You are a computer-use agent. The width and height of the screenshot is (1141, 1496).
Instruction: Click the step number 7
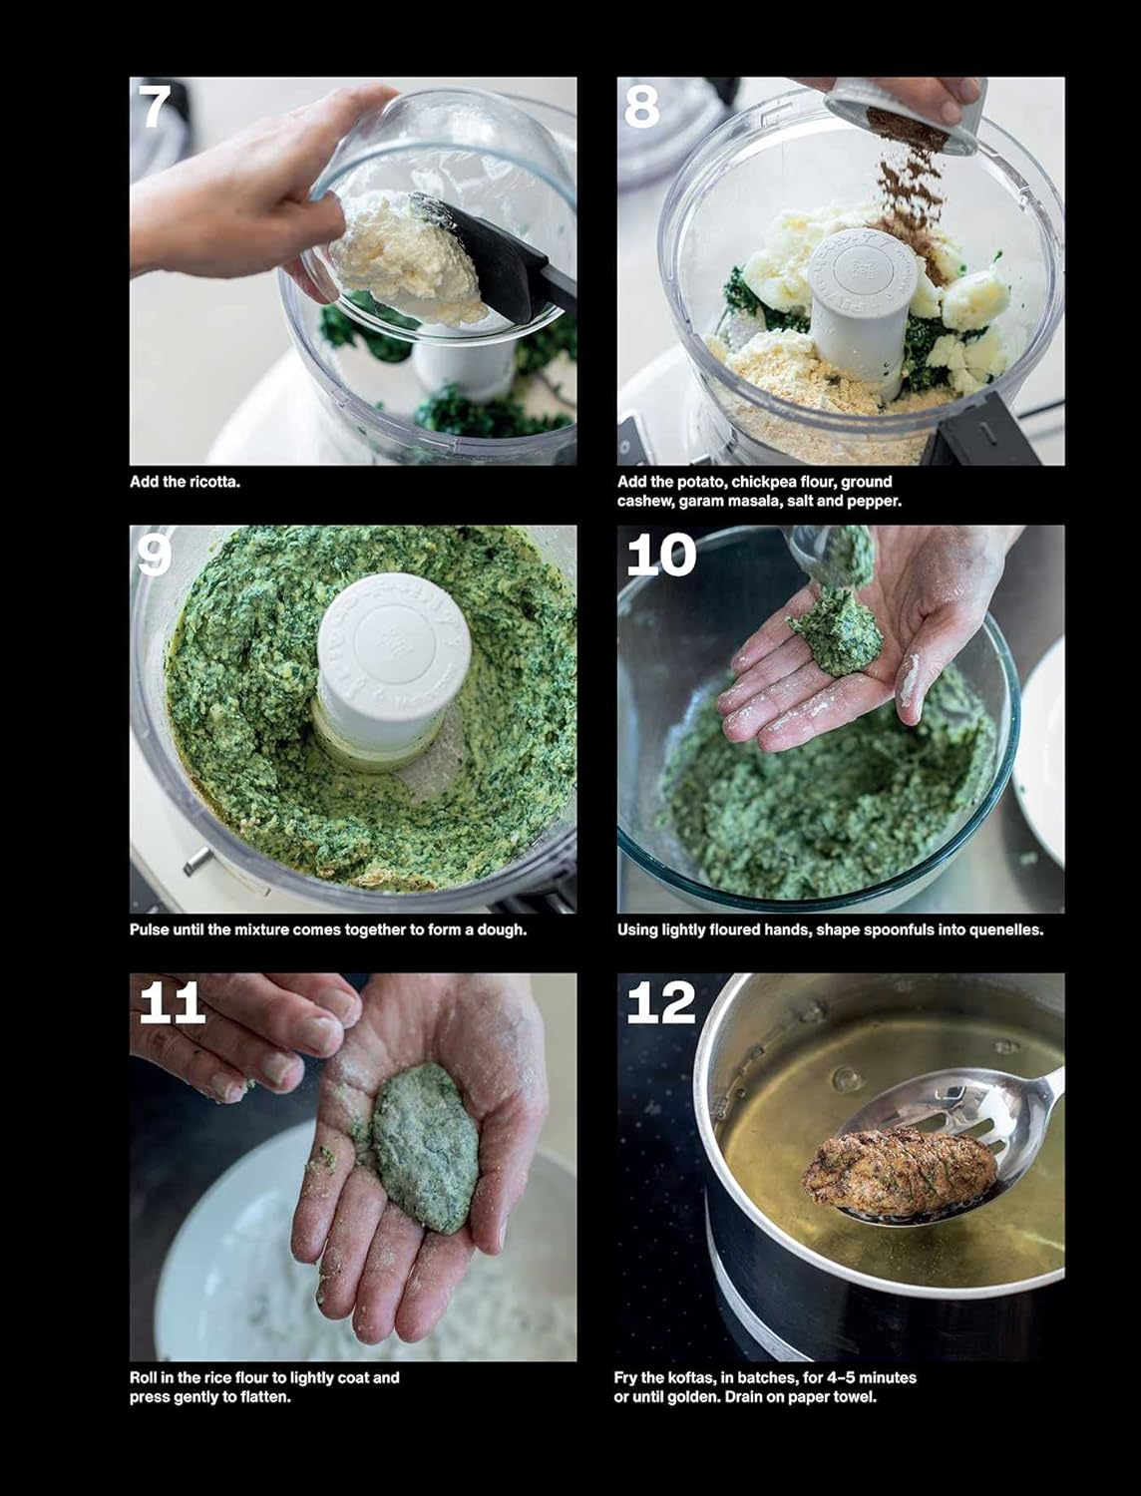(155, 108)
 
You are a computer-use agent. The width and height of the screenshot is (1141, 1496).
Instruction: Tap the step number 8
(642, 108)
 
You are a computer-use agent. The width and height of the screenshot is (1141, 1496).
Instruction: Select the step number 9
(155, 556)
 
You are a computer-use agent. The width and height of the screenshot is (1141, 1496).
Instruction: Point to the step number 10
(660, 556)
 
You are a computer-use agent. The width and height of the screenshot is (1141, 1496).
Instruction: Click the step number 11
(172, 1003)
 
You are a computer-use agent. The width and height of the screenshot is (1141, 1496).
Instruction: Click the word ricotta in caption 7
(213, 482)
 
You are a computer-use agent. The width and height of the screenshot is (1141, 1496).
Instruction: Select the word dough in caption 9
(501, 930)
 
